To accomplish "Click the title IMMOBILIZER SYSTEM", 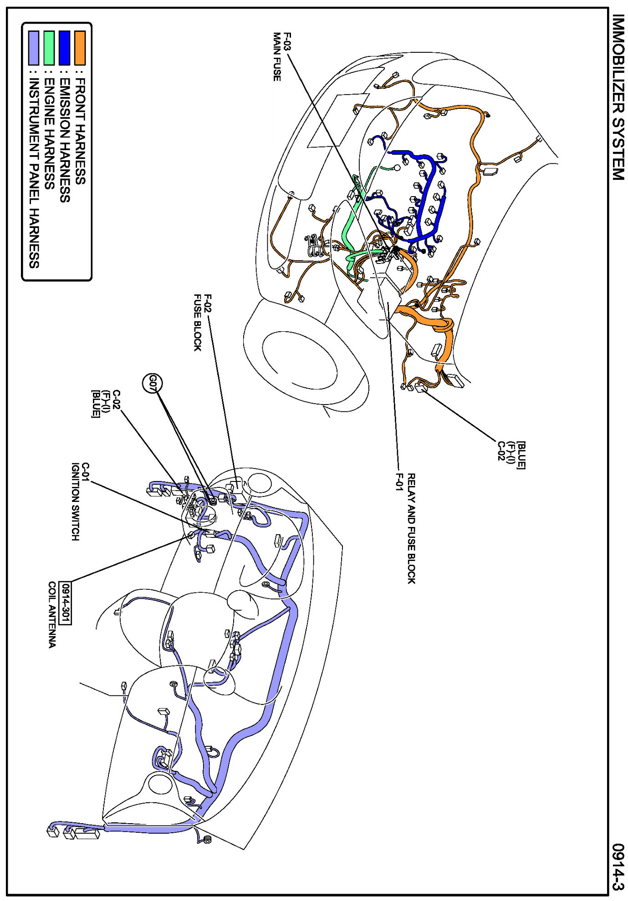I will point(618,97).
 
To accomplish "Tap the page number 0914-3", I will point(618,867).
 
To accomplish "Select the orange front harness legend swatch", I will point(80,47).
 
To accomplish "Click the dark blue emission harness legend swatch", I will point(65,47).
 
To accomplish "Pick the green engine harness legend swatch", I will point(49,47).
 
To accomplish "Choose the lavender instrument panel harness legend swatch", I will point(34,47).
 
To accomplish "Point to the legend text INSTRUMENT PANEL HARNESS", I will point(34,173).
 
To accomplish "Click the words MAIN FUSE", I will point(277,57).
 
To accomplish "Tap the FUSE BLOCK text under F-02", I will point(198,323).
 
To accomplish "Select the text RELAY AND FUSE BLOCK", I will point(411,528).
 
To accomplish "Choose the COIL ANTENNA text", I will point(52,614).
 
